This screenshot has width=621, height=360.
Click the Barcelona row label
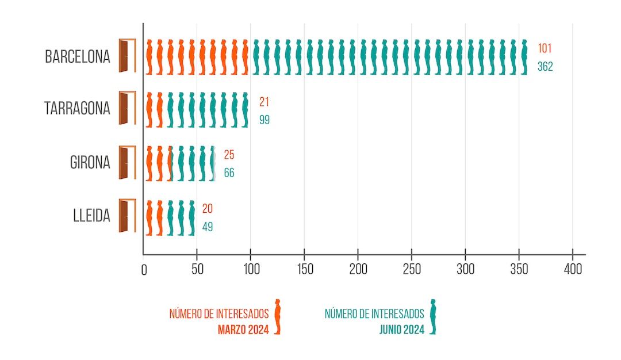[77, 57]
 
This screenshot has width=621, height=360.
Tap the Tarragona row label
[77, 109]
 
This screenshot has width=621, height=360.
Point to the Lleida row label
[91, 217]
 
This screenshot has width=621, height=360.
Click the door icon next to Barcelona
[126, 56]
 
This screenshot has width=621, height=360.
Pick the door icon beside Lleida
[126, 216]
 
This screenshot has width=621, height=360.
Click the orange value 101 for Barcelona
[545, 48]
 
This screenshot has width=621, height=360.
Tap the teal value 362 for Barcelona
[545, 67]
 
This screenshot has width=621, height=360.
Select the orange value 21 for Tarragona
[264, 102]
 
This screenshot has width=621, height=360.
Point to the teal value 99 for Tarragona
[264, 120]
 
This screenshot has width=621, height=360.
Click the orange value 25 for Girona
[229, 155]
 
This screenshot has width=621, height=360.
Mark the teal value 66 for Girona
[229, 173]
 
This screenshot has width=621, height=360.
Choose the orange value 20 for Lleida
[207, 209]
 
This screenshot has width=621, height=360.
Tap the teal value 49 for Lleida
[207, 227]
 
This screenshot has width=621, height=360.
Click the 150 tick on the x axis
[304, 269]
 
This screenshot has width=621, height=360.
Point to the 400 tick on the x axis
[573, 269]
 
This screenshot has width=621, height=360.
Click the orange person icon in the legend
[278, 316]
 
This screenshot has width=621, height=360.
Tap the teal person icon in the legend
[433, 316]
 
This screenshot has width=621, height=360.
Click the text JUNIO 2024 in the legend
[402, 330]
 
